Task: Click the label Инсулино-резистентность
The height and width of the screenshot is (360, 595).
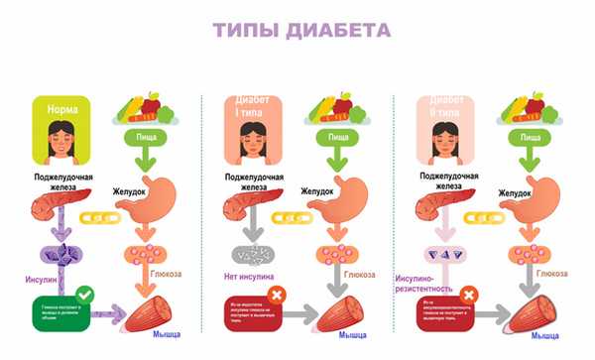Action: click(x=426, y=285)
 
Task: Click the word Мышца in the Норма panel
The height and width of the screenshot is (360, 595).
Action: click(x=167, y=334)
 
